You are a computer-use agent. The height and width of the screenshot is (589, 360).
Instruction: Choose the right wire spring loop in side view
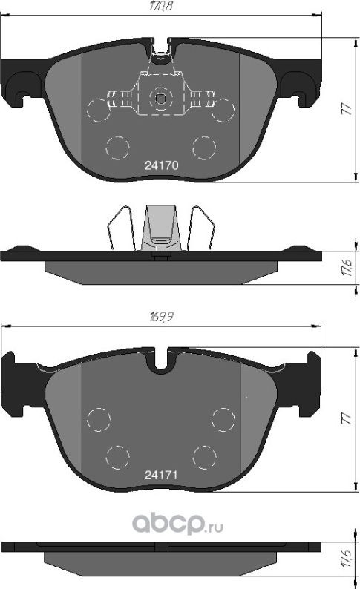[x=200, y=226]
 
